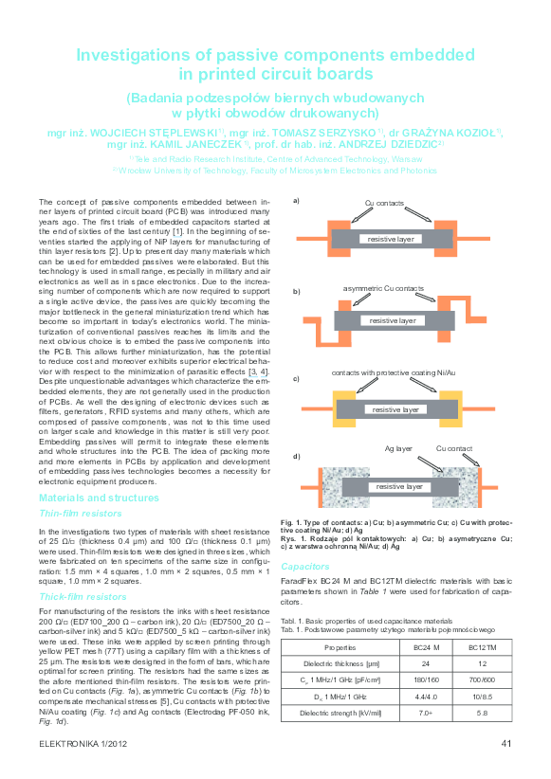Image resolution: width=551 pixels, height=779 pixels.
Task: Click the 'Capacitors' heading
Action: tap(304, 565)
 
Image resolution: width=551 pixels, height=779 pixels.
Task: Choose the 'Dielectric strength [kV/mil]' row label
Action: tap(340, 714)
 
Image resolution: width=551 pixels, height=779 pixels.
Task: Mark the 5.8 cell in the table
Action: tap(482, 714)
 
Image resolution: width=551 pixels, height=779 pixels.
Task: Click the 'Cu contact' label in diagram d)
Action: tap(454, 448)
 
